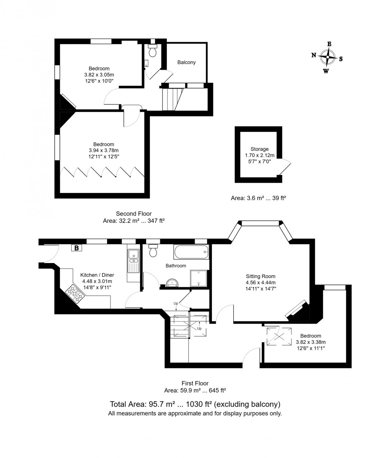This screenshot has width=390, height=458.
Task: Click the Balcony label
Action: (187, 62)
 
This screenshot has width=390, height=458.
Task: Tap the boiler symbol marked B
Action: (76, 248)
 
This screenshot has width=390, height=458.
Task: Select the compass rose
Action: (328, 58)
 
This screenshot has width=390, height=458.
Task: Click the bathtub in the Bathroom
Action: (191, 252)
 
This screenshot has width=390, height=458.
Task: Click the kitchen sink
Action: (134, 260)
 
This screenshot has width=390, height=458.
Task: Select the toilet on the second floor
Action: (153, 51)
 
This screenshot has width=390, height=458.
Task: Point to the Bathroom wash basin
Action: (173, 283)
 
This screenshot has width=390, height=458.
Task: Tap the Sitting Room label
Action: (260, 276)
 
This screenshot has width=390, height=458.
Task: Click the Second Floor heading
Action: (134, 214)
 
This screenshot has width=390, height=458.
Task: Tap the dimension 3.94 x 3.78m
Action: (104, 150)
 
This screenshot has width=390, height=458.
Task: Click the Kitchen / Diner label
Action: (97, 275)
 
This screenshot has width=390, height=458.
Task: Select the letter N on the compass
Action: (314, 55)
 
